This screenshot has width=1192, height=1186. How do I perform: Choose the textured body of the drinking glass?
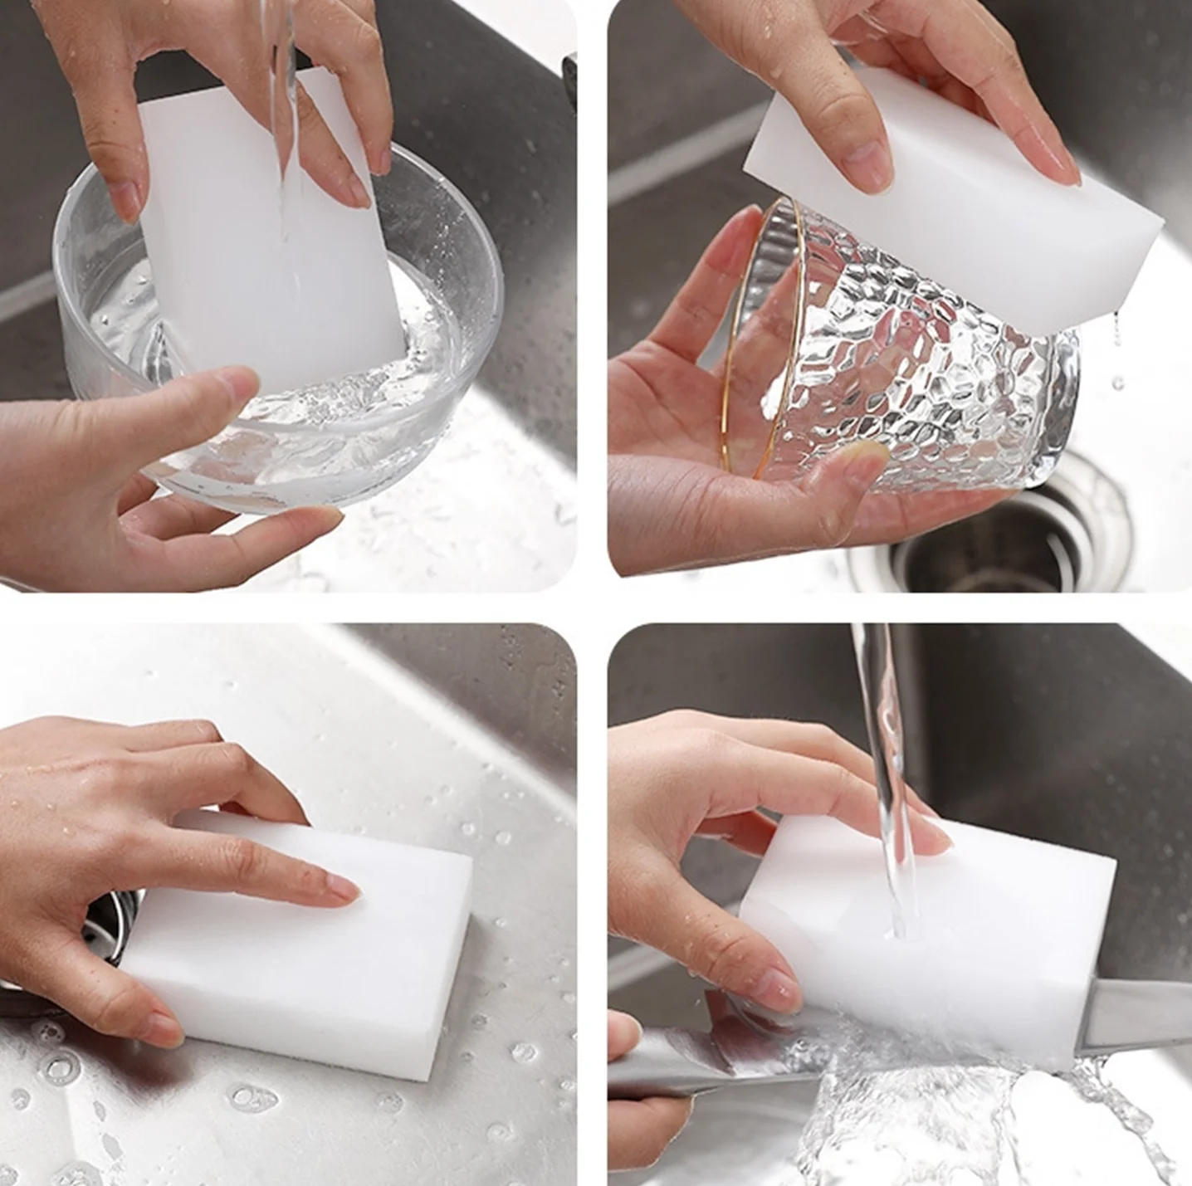coord(921,373)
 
